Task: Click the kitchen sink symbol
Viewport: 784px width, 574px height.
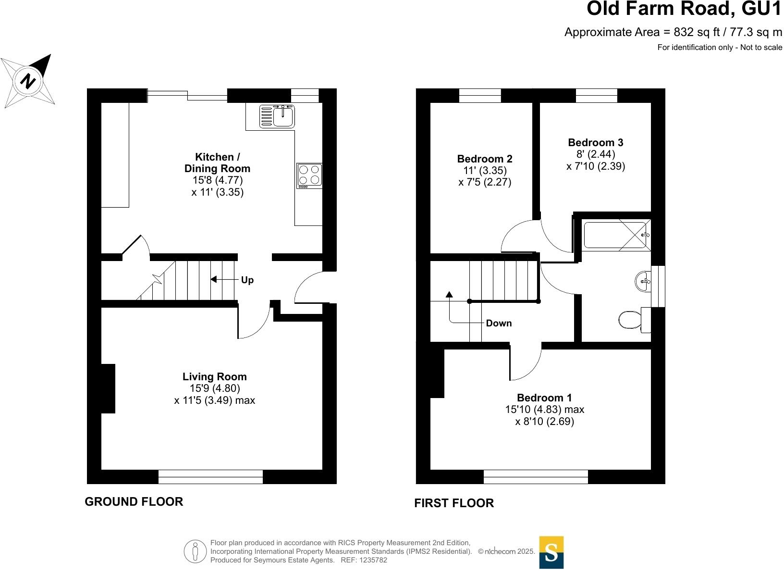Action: click(277, 116)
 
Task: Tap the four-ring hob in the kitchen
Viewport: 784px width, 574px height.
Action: click(309, 176)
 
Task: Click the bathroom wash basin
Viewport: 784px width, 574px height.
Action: click(643, 281)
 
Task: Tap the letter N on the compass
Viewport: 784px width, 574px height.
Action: click(28, 81)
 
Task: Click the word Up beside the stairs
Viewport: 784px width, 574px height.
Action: click(247, 280)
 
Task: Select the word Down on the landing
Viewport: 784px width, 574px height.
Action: click(499, 323)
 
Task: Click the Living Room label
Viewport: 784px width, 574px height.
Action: click(215, 376)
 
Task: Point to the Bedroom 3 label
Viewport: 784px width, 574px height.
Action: click(595, 142)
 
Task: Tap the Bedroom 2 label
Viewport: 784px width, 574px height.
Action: click(485, 159)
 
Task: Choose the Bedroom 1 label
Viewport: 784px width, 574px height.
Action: click(544, 398)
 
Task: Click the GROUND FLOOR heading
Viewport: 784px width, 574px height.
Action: click(134, 502)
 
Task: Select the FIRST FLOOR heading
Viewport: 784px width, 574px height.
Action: click(454, 503)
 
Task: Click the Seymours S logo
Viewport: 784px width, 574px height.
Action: click(551, 552)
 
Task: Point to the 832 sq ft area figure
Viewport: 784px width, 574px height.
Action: click(697, 32)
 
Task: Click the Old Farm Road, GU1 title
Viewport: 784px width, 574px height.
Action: click(684, 9)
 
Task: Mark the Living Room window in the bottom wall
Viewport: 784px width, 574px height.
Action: click(211, 476)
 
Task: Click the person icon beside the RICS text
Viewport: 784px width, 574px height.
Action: click(196, 551)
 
